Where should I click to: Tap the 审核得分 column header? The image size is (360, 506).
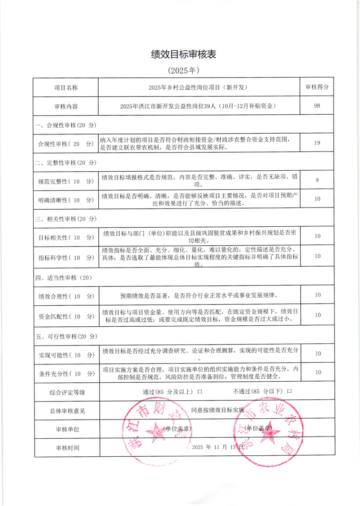(317, 87)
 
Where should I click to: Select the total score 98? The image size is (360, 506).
(317, 106)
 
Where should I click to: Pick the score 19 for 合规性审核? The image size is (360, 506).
(317, 143)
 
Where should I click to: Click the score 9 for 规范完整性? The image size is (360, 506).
(317, 180)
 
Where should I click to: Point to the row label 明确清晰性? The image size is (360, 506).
(66, 199)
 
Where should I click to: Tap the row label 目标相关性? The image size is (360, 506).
(66, 237)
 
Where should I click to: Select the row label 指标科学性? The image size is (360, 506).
(66, 257)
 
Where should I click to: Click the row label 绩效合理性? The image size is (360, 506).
(66, 296)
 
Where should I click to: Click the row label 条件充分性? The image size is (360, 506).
(66, 373)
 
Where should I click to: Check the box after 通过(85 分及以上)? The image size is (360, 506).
(200, 392)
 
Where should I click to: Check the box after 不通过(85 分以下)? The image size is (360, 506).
(290, 392)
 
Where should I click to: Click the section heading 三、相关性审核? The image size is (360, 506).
(65, 219)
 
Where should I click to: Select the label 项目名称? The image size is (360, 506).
(66, 87)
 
